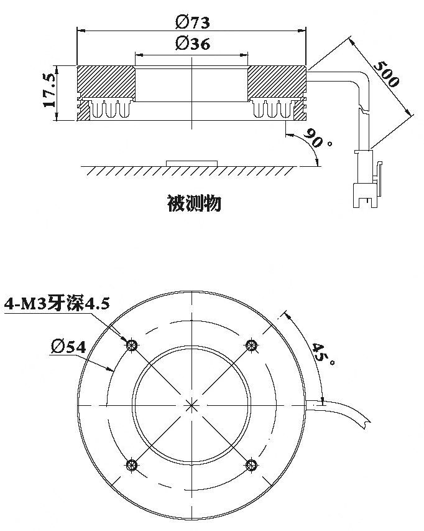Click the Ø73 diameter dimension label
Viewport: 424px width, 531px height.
coord(193,22)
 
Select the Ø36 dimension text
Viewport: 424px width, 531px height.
coord(193,44)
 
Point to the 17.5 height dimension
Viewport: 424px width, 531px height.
coord(49,90)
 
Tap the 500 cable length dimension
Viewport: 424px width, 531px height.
coord(386,74)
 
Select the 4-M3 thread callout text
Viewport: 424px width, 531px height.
coord(57,303)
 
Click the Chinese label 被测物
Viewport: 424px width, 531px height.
coord(194,203)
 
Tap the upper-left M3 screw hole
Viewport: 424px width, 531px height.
coord(132,345)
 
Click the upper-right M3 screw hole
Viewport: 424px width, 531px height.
coord(251,345)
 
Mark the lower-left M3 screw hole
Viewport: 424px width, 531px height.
coord(132,465)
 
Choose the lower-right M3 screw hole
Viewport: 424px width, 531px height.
coord(251,465)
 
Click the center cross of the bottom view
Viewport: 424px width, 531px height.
coord(191,405)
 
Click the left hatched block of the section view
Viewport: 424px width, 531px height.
coord(106,83)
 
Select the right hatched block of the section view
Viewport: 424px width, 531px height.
coord(277,83)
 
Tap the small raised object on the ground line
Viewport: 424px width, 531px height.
coord(191,163)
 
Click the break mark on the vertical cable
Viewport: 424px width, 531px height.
coord(363,109)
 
